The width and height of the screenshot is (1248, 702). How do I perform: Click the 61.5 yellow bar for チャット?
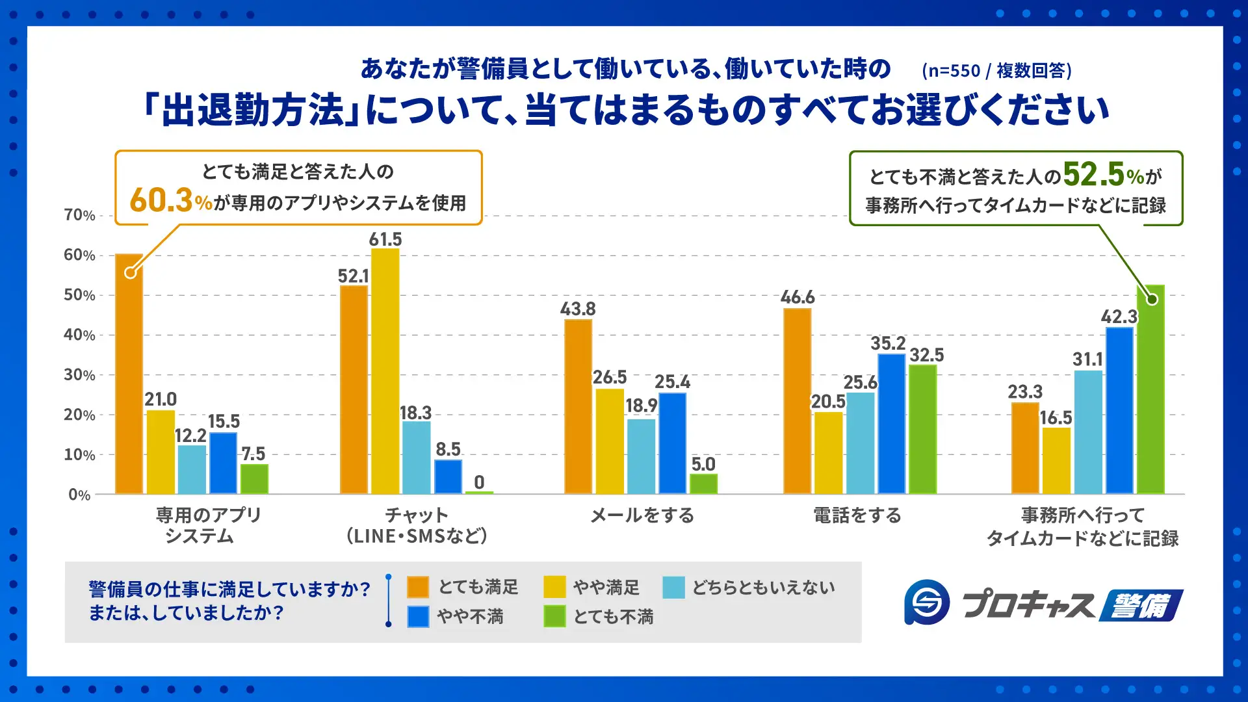[x=385, y=370]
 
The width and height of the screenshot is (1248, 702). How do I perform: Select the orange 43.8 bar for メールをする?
[x=578, y=406]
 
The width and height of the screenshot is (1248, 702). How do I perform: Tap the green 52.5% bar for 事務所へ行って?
[x=1151, y=390]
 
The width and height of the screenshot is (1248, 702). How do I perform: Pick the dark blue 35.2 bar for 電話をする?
[x=891, y=424]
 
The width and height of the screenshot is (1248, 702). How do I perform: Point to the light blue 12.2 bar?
[x=192, y=469]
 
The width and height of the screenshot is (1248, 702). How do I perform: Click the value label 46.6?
[x=798, y=297]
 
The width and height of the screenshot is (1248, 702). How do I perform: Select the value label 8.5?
[x=448, y=449]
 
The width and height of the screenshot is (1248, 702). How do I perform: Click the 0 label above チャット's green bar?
[x=479, y=482]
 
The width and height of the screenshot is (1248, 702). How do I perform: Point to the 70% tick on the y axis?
[x=79, y=215]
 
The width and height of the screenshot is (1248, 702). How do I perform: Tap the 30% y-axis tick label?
[x=79, y=375]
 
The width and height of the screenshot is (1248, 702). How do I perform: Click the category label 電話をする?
[x=857, y=515]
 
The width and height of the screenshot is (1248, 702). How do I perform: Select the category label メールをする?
[x=642, y=515]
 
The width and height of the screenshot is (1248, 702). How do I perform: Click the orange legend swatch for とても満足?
[x=418, y=587]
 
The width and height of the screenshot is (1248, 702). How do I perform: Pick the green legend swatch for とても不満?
[x=554, y=616]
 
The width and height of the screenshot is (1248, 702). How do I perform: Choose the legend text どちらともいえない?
[x=763, y=588]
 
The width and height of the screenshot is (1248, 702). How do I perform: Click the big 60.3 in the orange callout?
[x=161, y=200]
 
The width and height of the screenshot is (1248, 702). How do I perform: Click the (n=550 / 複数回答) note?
[x=996, y=70]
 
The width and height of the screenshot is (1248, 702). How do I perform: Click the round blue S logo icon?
[x=926, y=603]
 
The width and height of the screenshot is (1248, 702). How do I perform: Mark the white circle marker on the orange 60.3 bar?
[x=131, y=272]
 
